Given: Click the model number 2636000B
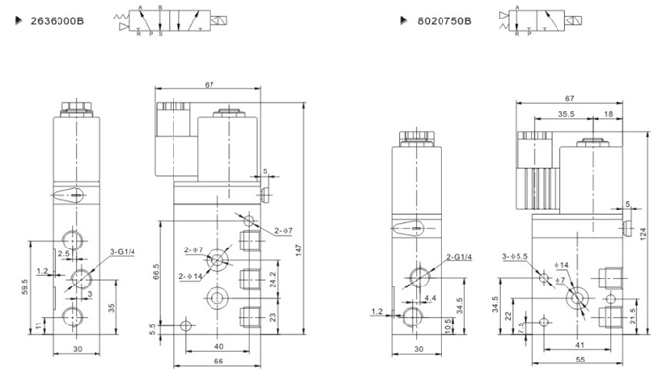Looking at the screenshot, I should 45,19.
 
